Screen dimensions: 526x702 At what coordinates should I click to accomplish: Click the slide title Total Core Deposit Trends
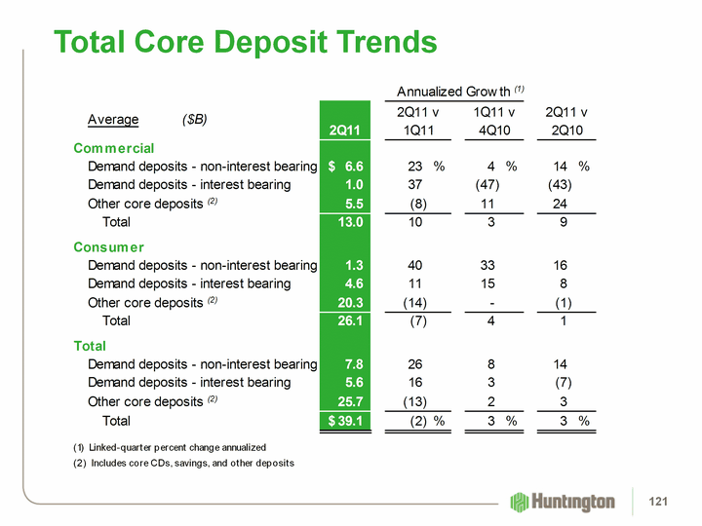point(246,42)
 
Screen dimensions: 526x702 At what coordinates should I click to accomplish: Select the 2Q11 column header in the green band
point(345,130)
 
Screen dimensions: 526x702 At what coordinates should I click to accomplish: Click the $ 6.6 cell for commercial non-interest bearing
point(346,167)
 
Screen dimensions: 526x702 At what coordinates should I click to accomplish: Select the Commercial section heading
point(114,148)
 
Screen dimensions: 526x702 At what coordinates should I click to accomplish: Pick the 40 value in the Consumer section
point(414,265)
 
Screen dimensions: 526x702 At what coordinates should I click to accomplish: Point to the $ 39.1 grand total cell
point(347,421)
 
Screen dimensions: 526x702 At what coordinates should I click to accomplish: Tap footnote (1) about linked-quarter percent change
point(170,445)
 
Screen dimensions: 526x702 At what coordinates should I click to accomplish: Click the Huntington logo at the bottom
point(563,502)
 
